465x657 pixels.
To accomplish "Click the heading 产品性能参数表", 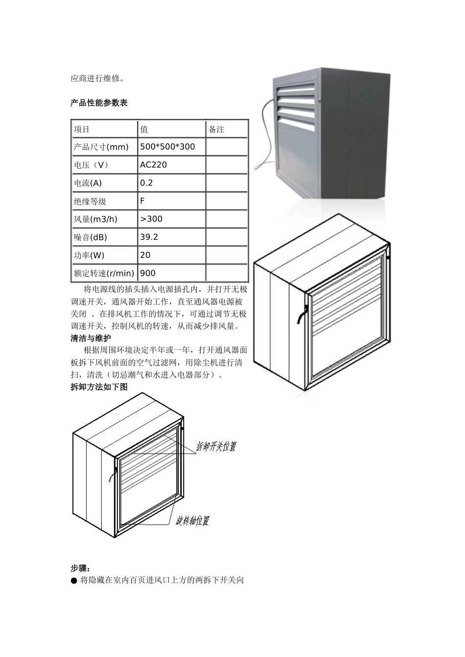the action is [x=99, y=103].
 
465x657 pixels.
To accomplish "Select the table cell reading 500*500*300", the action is [x=167, y=147].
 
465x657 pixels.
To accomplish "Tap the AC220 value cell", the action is [x=153, y=165].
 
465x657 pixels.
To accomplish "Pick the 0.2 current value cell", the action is [x=146, y=183].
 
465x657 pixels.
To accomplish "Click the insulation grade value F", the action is [x=142, y=201].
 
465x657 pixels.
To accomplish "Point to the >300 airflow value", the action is [x=151, y=219].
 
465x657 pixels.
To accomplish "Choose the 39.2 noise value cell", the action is [x=149, y=237].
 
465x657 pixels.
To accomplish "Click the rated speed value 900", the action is [x=148, y=273].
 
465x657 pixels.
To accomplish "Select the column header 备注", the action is [x=216, y=129].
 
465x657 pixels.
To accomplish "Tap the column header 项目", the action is [x=82, y=129].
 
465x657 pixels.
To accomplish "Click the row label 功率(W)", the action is [x=89, y=255].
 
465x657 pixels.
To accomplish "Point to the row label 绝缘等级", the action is [x=90, y=201].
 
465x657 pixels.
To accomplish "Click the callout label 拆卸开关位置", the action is [x=216, y=446].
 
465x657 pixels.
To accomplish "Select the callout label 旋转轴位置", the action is [x=192, y=521].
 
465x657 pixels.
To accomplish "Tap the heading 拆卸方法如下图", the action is [x=99, y=387].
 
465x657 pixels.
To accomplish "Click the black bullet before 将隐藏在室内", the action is [x=74, y=581].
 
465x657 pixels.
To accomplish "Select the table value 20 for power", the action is [x=145, y=255].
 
